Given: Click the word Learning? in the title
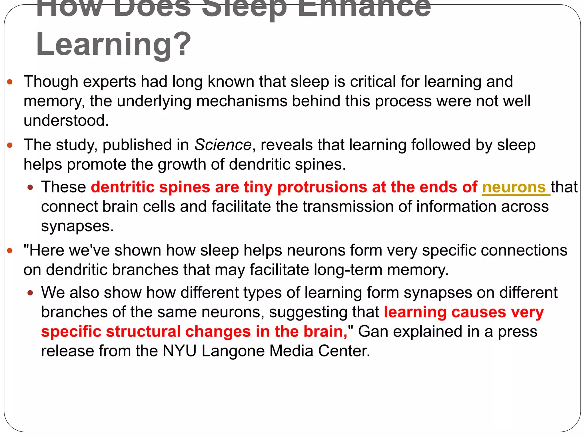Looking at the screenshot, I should (113, 44).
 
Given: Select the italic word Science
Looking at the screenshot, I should (223, 145).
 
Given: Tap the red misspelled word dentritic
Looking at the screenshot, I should (123, 187).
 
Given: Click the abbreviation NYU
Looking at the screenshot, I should (179, 351).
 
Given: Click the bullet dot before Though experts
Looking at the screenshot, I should (10, 82).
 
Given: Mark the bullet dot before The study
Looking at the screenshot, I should (10, 145).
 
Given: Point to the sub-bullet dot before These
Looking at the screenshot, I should (31, 188).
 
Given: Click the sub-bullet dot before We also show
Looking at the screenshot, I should (31, 293).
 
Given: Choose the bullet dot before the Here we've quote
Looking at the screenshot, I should (10, 251).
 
